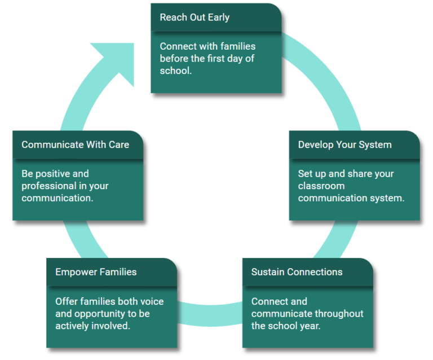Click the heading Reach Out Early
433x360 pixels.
[195, 17]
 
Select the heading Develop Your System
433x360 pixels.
[344, 144]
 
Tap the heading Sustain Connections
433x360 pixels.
[297, 272]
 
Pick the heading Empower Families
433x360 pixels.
[96, 272]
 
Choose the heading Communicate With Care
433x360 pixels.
[75, 144]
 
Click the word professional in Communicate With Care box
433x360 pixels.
[48, 186]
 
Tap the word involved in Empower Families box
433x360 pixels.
[112, 326]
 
